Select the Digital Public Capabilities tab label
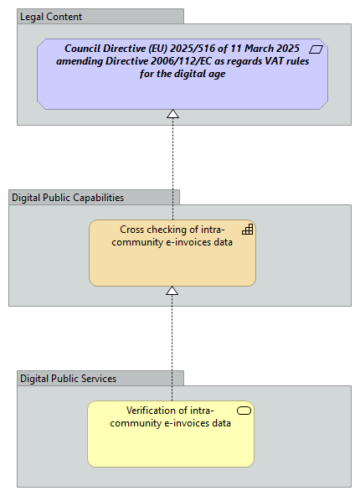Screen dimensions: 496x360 [68, 198]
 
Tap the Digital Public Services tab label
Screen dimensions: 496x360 [68, 379]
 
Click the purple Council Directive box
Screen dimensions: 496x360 [182, 92]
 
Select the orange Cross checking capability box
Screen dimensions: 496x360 [172, 264]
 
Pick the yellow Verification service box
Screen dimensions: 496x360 [171, 444]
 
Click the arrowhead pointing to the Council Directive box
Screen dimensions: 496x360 [172, 114]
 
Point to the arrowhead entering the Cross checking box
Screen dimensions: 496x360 [172, 291]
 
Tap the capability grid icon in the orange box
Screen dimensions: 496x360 [247, 229]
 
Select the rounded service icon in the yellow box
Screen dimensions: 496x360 [244, 411]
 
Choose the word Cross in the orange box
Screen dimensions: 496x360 [134, 230]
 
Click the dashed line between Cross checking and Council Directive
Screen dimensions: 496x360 [172, 168]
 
